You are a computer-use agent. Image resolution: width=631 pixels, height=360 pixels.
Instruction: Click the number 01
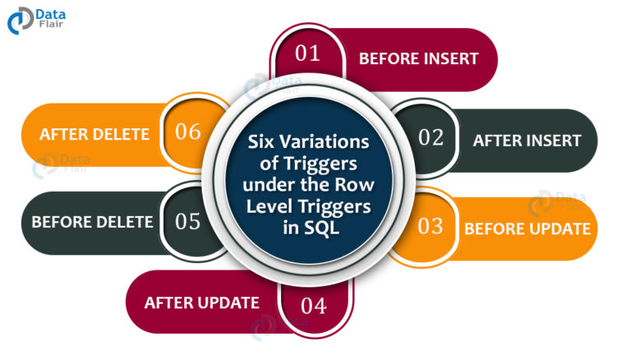307,53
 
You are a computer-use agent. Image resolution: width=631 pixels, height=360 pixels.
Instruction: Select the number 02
431,138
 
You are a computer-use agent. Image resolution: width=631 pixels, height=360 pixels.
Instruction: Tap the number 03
431,226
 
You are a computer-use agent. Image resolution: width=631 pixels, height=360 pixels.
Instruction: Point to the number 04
314,306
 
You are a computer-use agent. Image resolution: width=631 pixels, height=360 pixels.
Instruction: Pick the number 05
188,221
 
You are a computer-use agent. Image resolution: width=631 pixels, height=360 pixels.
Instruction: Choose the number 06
188,132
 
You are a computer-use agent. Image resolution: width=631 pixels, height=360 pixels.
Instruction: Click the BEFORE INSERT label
418,59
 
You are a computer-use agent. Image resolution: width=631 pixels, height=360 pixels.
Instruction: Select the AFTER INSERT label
527,141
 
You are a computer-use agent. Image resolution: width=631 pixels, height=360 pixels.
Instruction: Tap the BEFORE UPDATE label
527,228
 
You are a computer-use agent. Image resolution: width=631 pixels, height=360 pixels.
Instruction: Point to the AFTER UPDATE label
201,302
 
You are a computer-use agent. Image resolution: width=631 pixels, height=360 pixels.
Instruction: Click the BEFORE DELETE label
92,222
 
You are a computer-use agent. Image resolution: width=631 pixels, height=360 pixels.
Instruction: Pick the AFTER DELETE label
94,134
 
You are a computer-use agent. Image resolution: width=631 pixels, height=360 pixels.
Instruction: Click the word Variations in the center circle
325,141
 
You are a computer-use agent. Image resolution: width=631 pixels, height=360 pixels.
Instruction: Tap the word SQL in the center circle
322,228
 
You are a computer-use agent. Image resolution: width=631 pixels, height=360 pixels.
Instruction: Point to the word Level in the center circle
269,206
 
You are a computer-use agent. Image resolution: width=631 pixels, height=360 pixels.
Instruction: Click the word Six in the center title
261,141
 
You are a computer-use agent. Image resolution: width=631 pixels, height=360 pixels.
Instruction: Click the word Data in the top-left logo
51,15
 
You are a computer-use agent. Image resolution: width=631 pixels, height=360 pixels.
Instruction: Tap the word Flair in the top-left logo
51,24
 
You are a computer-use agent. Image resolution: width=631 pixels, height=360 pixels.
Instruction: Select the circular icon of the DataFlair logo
20,20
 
